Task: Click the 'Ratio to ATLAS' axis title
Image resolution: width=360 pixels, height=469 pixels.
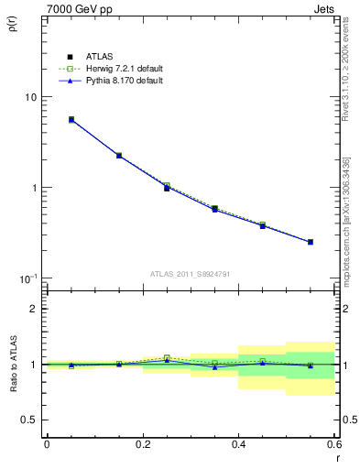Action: click(12, 366)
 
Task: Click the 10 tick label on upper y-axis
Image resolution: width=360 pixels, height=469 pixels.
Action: click(30, 97)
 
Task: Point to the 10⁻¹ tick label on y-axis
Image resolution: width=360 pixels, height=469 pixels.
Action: click(28, 278)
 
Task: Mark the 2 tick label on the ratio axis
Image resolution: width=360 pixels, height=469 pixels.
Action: click(34, 309)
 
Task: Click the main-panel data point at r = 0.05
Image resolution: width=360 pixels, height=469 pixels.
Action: click(71, 119)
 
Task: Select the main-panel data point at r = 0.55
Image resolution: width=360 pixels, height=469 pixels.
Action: click(311, 242)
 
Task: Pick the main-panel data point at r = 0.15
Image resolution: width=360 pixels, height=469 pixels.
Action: click(119, 156)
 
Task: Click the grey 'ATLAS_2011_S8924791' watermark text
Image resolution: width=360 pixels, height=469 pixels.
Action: click(191, 273)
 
